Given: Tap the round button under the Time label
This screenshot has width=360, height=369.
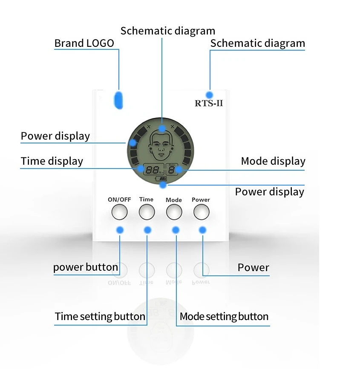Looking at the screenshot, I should pyautogui.click(x=147, y=212).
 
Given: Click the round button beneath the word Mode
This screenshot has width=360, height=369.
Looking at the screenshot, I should pyautogui.click(x=174, y=212).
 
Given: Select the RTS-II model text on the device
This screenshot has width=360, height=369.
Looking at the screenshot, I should pyautogui.click(x=209, y=103).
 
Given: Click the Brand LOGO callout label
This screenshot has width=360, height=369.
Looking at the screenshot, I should pyautogui.click(x=84, y=43).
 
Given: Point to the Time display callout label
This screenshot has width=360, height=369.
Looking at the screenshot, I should pyautogui.click(x=52, y=161).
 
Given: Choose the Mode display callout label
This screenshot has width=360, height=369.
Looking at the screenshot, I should pyautogui.click(x=273, y=161).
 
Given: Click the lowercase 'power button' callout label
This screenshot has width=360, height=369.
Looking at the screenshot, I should pyautogui.click(x=86, y=267).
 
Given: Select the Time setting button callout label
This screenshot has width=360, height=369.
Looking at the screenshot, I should pyautogui.click(x=100, y=317).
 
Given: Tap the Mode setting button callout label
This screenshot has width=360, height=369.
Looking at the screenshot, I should pyautogui.click(x=224, y=317).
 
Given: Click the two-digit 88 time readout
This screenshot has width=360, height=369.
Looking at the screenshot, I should pyautogui.click(x=151, y=170).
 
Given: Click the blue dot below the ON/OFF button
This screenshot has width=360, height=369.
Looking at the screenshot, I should pyautogui.click(x=120, y=230).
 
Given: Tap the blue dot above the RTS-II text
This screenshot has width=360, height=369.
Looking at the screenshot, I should pyautogui.click(x=209, y=94).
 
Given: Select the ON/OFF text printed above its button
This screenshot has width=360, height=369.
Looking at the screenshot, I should pyautogui.click(x=119, y=200).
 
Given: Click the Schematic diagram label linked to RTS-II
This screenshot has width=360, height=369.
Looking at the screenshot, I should pyautogui.click(x=258, y=43).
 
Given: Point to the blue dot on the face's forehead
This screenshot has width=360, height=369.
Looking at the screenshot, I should pyautogui.click(x=162, y=128).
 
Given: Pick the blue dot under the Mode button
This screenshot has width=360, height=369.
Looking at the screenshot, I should pyautogui.click(x=175, y=230).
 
